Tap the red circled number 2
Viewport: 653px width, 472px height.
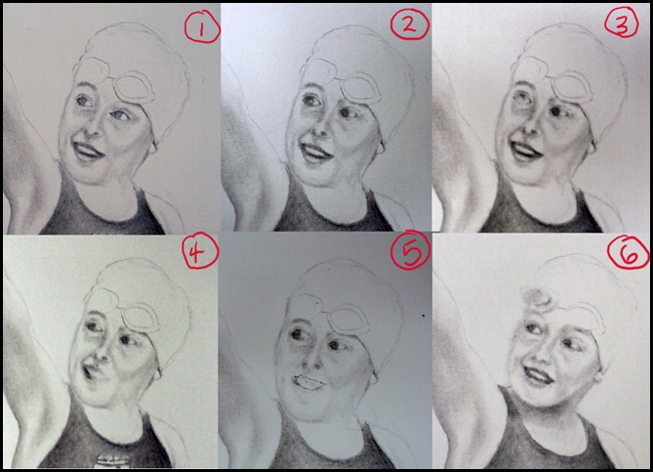click(409, 24)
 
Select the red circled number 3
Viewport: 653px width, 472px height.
click(622, 23)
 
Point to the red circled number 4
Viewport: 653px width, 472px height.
click(199, 250)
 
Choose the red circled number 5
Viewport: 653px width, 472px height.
click(410, 250)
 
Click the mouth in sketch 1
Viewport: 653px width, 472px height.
click(88, 150)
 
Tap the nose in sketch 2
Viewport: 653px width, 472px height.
click(318, 129)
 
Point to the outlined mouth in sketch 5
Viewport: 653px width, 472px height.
click(308, 382)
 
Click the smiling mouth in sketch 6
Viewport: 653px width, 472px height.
click(539, 375)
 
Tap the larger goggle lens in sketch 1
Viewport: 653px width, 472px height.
click(134, 88)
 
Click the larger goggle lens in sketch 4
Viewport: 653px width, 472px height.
click(140, 318)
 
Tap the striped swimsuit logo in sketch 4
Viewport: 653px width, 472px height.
click(112, 460)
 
